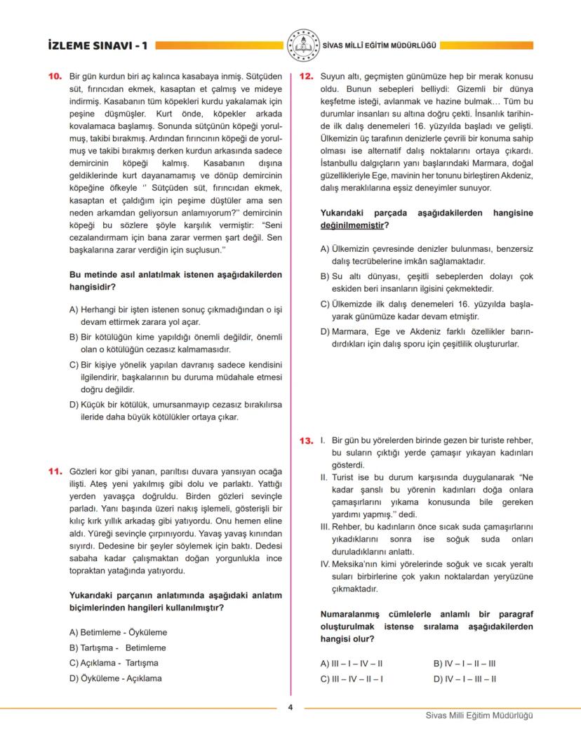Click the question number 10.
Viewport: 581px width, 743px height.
[56, 76]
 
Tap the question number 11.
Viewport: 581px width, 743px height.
[56, 470]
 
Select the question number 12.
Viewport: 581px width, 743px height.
[306, 76]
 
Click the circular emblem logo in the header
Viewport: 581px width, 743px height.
[302, 45]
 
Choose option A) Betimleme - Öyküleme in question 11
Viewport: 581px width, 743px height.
[116, 631]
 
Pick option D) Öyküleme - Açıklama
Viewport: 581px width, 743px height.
[115, 678]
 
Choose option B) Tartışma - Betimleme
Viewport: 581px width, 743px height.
[117, 647]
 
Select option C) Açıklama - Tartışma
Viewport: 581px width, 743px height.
[113, 662]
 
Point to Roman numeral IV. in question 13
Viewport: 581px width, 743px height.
[326, 563]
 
